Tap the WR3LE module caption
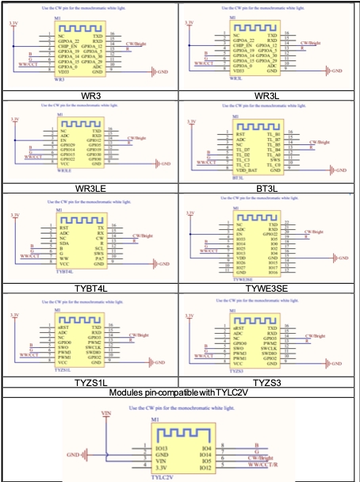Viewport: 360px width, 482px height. click(90, 188)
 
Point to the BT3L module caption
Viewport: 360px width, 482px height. click(270, 188)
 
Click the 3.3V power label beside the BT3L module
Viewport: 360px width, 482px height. click(190, 120)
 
